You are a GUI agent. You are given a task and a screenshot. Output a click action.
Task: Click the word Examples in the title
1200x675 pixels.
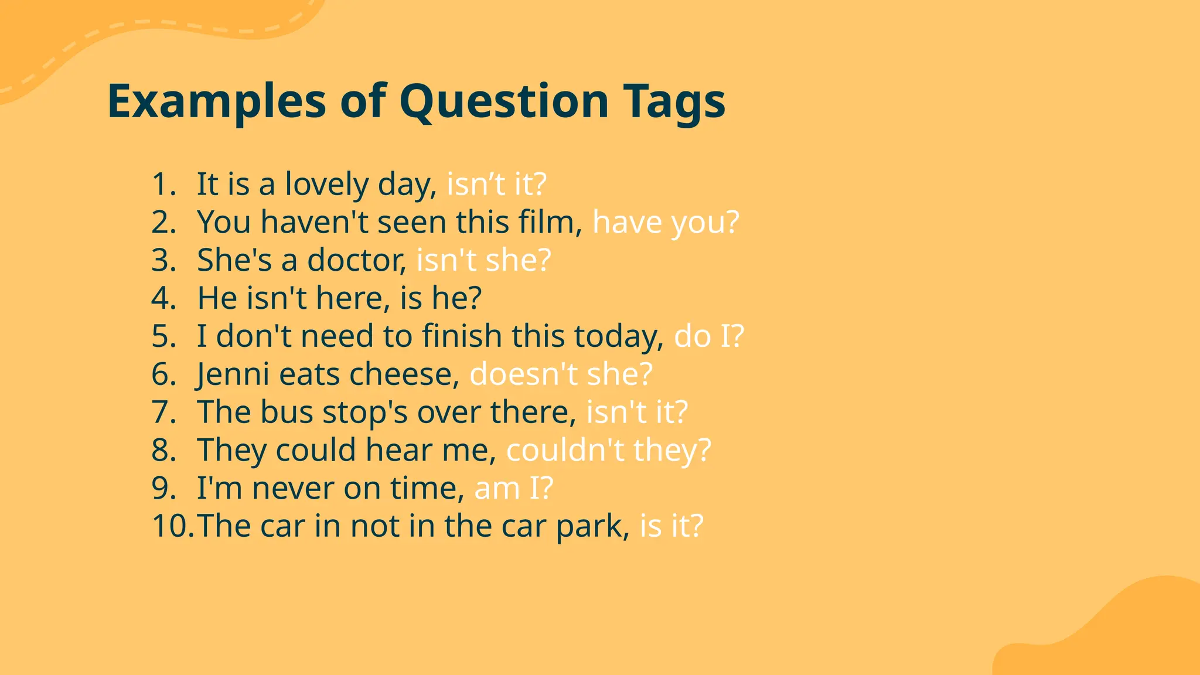pos(216,101)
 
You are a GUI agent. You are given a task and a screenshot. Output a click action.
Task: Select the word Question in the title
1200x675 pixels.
pos(504,101)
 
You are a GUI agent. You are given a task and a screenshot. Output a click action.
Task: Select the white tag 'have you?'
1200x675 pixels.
pos(666,222)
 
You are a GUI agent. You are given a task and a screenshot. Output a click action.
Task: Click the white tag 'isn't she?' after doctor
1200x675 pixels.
pos(484,260)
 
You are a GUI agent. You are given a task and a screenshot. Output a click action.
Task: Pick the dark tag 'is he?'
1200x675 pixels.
pos(441,298)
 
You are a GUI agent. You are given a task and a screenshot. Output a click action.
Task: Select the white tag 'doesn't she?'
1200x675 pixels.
pos(561,374)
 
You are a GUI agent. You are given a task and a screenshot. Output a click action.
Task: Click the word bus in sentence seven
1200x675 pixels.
pos(287,412)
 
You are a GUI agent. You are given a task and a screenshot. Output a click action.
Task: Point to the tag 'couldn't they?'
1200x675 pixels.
pos(608,450)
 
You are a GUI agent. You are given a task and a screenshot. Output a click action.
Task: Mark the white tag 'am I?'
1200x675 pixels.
pos(513,488)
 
